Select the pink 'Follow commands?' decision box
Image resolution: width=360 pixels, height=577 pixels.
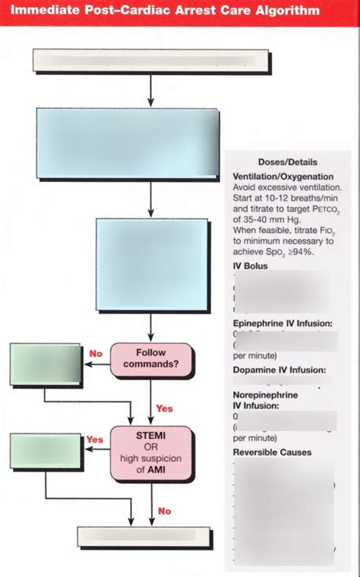click(150, 358)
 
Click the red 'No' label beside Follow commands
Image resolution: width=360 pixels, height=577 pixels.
click(96, 353)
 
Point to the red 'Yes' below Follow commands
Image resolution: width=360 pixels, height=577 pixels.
click(164, 408)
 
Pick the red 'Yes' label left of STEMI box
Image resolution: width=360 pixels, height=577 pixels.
click(95, 440)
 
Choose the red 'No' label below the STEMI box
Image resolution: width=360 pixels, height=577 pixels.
click(164, 511)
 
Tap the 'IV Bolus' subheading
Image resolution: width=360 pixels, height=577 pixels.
click(251, 266)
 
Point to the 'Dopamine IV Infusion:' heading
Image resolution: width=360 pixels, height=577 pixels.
click(279, 370)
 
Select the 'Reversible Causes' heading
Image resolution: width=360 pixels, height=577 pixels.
click(272, 452)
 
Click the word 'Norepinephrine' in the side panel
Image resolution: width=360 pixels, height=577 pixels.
click(265, 395)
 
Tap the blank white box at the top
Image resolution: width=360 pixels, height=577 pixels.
click(150, 61)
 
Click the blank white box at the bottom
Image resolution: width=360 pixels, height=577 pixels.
click(151, 535)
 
